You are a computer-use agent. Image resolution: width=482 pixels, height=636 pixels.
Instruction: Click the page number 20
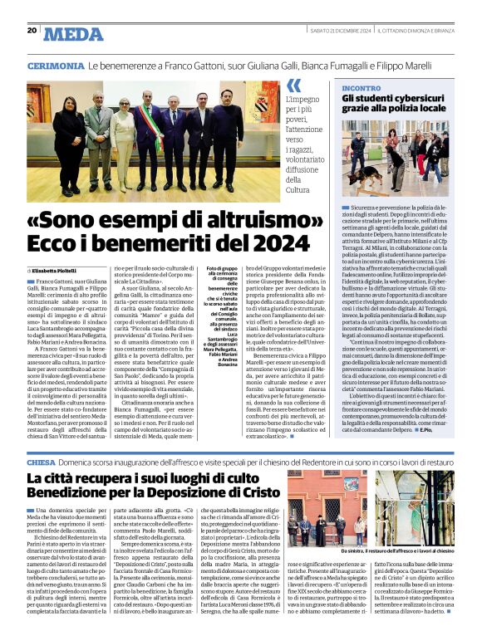32,31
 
